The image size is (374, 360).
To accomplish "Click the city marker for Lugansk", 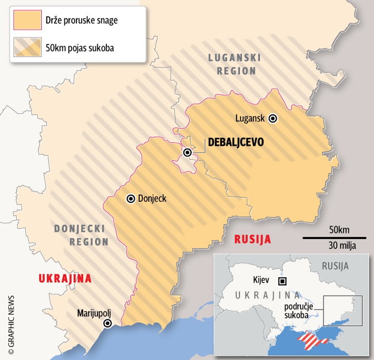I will click(273, 118).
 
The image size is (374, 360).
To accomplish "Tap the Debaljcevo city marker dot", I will click(187, 153).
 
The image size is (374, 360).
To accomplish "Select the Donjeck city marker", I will click(131, 199).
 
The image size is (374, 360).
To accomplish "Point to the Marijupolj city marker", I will click(107, 324).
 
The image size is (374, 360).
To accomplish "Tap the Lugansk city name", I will click(250, 118).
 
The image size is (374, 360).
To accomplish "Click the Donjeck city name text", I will click(152, 199).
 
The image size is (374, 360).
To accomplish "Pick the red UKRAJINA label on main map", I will click(65, 278).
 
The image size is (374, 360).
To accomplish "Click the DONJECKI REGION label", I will click(81, 235).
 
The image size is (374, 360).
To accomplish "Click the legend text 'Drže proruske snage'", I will click(81, 20).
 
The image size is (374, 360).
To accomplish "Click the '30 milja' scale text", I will click(339, 245).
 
